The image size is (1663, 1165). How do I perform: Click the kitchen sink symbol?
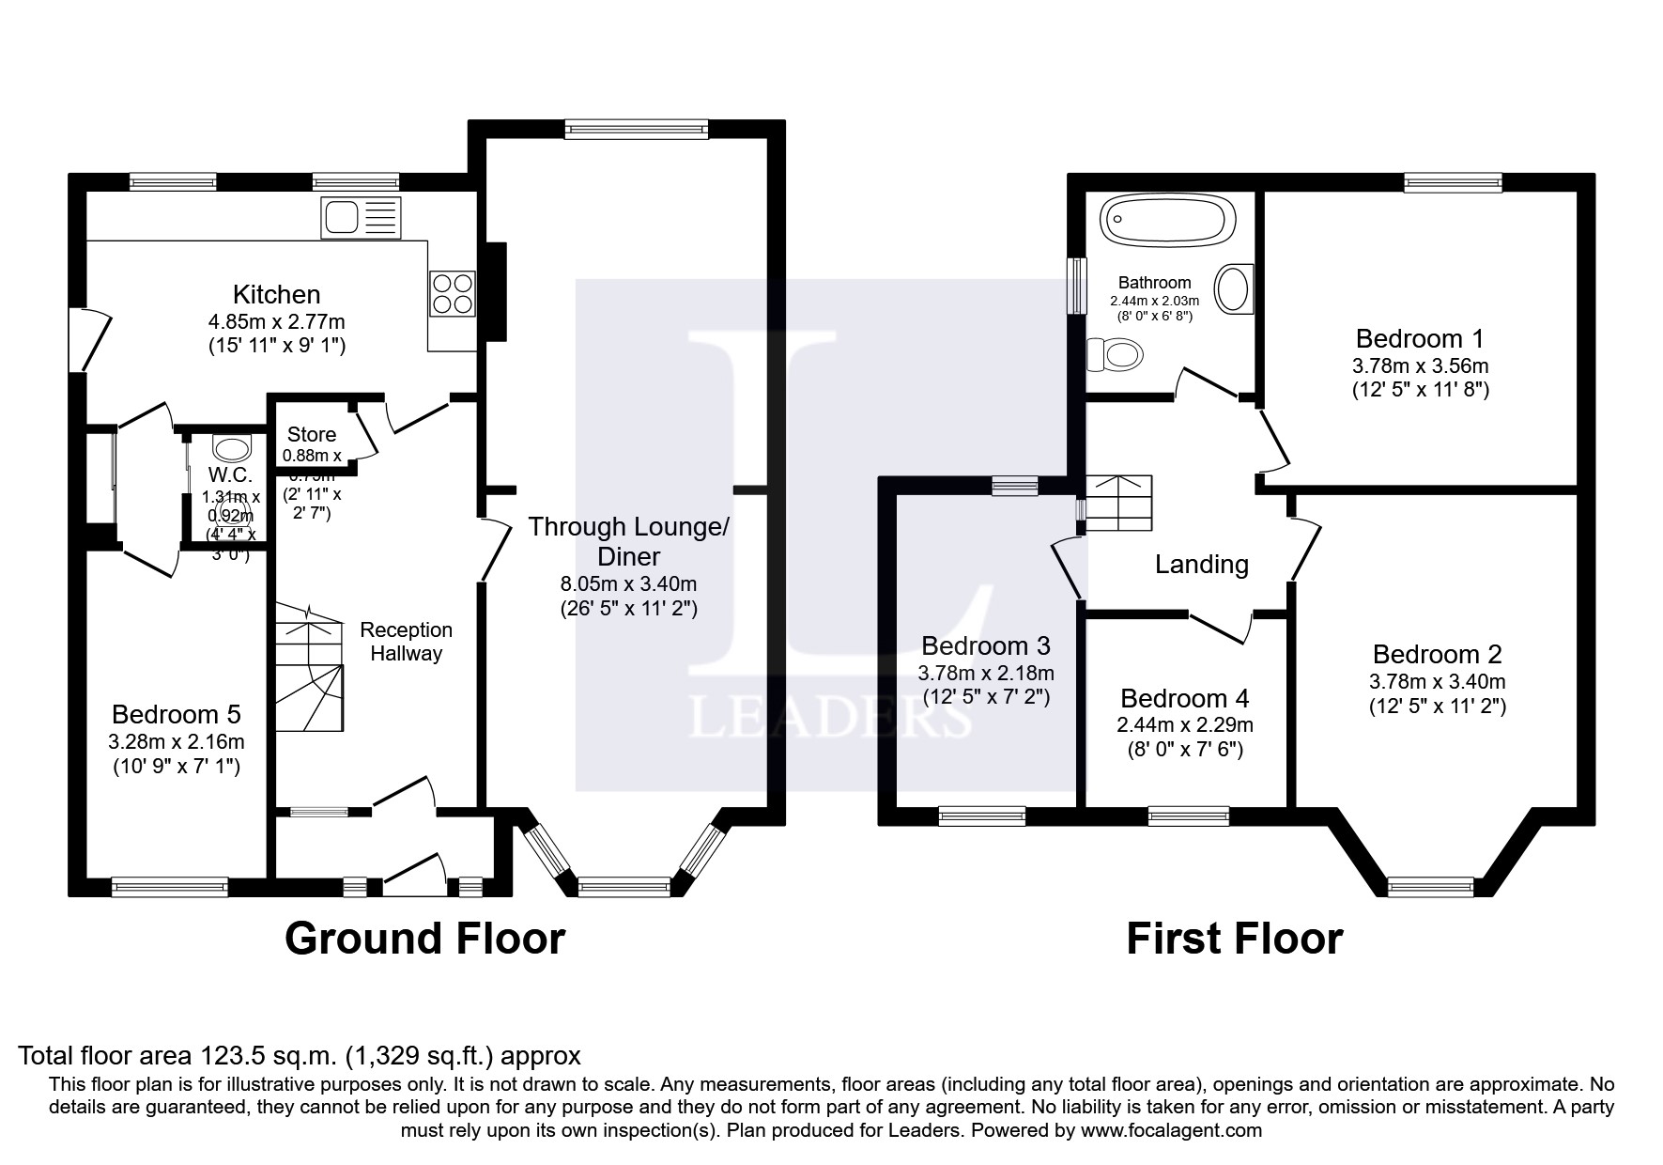(x=361, y=216)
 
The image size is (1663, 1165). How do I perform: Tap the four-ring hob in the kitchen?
(x=452, y=293)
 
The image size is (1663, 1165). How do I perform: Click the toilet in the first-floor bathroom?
(x=1115, y=355)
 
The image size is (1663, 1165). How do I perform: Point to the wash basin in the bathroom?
(x=1234, y=288)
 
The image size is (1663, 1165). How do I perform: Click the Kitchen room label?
(x=276, y=294)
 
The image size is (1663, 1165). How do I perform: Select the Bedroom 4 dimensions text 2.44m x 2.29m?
(x=1184, y=724)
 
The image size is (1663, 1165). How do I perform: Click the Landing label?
(x=1201, y=564)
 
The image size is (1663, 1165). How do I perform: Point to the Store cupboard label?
(x=311, y=434)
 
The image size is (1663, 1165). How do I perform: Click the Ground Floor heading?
(x=424, y=938)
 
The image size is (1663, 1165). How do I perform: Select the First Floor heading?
(x=1234, y=938)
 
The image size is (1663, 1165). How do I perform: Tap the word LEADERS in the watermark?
(x=830, y=719)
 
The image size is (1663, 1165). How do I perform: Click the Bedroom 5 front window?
(x=170, y=885)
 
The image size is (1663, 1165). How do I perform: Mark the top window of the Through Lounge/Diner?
(x=636, y=130)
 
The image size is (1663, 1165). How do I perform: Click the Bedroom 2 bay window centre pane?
(x=1432, y=885)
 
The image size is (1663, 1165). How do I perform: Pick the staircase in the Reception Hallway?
(x=309, y=672)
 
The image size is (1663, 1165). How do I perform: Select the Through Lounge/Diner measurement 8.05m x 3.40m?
(x=628, y=584)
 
